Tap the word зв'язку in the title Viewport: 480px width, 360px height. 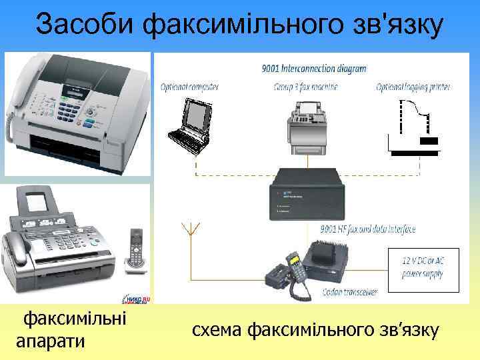(395, 25)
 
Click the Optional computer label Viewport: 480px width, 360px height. (190, 87)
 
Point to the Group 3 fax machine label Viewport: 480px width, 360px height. (309, 87)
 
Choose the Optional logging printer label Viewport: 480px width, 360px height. (413, 87)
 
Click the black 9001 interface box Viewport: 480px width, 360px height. (304, 194)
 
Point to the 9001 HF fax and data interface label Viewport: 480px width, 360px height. (368, 229)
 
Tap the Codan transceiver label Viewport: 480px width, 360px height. (349, 291)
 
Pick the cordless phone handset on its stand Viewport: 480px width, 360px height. (136, 251)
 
